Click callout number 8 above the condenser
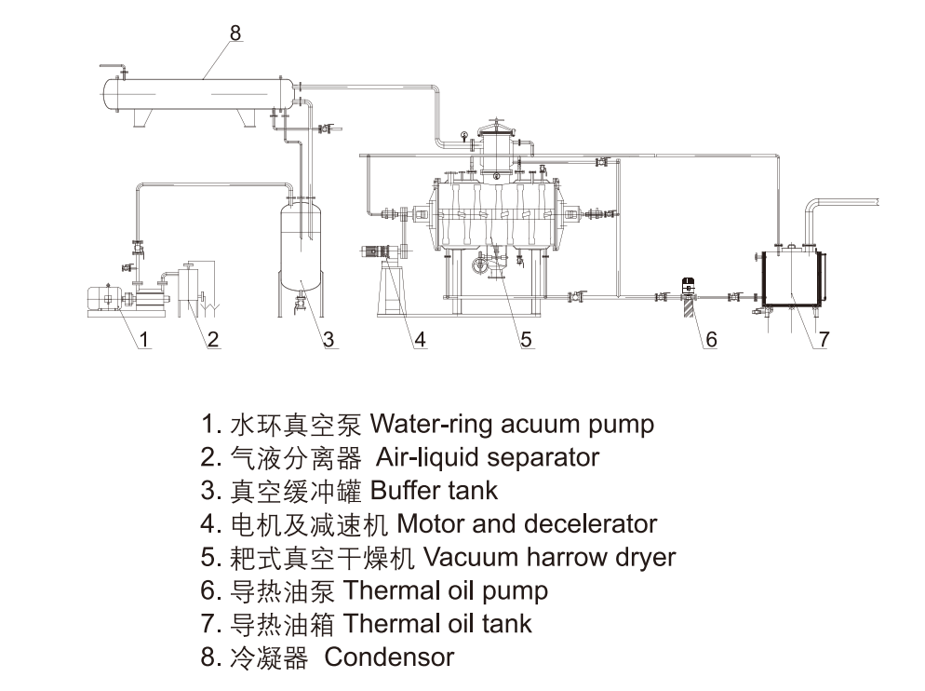pos(235,33)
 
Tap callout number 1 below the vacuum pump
pos(144,340)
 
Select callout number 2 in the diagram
pos(213,340)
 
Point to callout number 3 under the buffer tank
pos(328,340)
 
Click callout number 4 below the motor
pos(420,340)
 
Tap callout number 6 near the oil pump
pos(711,340)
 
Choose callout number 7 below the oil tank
pos(824,340)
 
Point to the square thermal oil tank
pos(792,277)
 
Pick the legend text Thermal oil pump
pos(446,590)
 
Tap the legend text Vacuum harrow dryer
pos(549,557)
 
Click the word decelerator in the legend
pos(590,523)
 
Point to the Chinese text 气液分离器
pos(294,457)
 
